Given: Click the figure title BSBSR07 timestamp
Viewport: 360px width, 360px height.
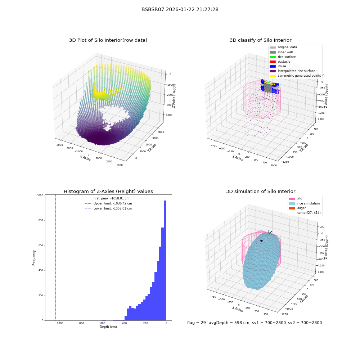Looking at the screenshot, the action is (x=180, y=9).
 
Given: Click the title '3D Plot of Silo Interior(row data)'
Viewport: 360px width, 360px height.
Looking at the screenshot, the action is (x=108, y=40).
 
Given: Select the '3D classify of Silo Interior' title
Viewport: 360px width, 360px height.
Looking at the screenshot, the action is (x=261, y=40).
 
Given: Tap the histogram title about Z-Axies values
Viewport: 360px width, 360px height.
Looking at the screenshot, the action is (x=108, y=191).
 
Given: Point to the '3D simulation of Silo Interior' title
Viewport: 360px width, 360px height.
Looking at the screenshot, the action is (x=261, y=191).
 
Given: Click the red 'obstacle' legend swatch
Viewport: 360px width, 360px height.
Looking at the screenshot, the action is (x=273, y=62).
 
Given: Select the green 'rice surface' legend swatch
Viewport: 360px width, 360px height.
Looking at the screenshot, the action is (x=273, y=57).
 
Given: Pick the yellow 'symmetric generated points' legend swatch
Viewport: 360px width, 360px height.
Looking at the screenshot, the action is (x=273, y=76).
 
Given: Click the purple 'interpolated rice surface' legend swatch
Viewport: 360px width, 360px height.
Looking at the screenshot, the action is (x=273, y=71).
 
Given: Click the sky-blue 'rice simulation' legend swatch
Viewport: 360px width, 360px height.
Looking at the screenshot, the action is (x=292, y=203).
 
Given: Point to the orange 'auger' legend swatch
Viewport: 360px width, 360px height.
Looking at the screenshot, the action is (x=292, y=208).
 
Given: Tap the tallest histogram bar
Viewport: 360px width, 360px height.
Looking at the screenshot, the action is (x=165, y=260).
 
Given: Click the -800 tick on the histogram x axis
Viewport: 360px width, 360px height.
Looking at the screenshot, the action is (x=81, y=323).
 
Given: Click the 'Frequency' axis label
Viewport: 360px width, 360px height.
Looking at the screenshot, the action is (x=34, y=258).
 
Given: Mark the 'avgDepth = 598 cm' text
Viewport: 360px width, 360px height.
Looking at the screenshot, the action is (x=229, y=323).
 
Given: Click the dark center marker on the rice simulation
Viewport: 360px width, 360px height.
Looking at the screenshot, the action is (x=261, y=241).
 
